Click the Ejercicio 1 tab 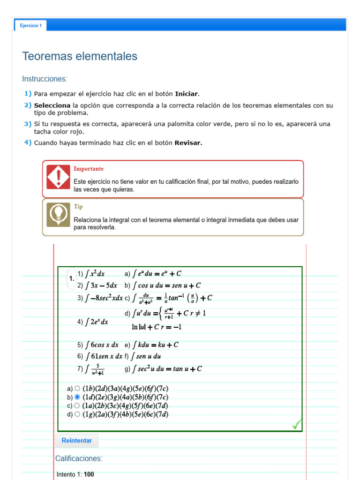click(x=30, y=26)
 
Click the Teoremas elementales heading click(x=80, y=56)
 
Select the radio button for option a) click(x=77, y=389)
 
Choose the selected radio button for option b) click(x=77, y=397)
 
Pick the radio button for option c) click(x=77, y=405)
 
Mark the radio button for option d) click(x=77, y=414)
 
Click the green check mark click(x=296, y=425)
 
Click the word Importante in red click(x=89, y=169)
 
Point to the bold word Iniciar click(x=187, y=94)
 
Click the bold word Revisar click(x=188, y=143)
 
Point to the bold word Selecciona click(x=52, y=105)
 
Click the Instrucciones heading click(x=45, y=79)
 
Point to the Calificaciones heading click(x=79, y=458)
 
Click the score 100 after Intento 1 click(x=89, y=474)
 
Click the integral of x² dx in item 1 click(x=94, y=274)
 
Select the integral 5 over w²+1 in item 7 click(x=95, y=369)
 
